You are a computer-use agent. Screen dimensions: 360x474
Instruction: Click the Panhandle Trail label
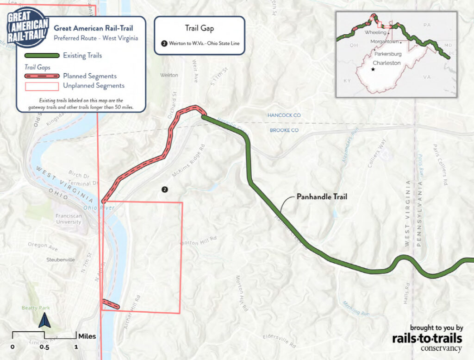(x=321, y=197)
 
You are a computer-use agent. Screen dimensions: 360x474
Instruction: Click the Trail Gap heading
(x=199, y=28)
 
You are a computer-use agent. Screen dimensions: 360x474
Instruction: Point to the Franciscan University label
(x=69, y=219)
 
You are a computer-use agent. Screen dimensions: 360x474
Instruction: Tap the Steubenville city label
(x=61, y=259)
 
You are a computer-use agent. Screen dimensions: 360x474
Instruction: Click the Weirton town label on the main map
(x=168, y=75)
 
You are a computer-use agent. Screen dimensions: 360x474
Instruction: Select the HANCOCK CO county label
(x=284, y=115)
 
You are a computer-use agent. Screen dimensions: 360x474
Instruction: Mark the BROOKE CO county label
(x=284, y=130)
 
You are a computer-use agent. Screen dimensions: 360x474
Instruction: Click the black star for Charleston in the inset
(x=373, y=69)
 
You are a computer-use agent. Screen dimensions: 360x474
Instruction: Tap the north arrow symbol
(x=44, y=320)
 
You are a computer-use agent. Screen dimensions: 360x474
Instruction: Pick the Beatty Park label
(x=36, y=308)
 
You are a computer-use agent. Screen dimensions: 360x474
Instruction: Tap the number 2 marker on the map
(x=164, y=189)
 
